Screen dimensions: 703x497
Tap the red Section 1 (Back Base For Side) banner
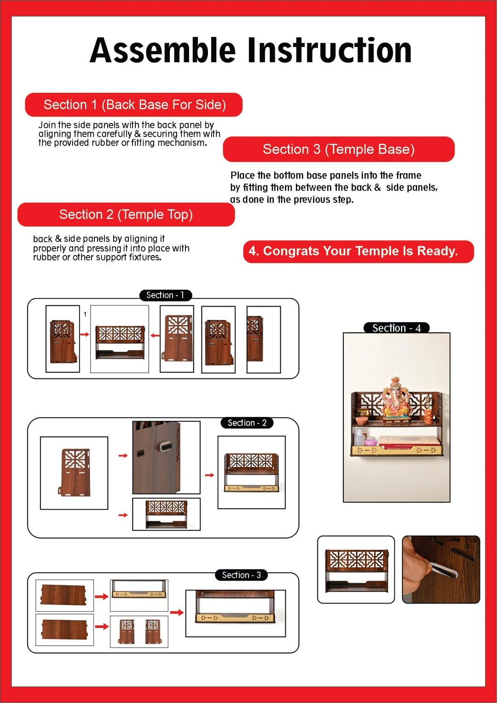(134, 105)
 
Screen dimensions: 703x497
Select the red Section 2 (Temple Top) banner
(126, 215)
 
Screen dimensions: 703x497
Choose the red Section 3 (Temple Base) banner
(339, 149)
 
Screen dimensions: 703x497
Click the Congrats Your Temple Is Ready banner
(358, 251)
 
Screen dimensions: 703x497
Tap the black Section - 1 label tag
(165, 295)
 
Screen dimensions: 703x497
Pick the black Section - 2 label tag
(247, 423)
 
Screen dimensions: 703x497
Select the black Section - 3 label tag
(241, 575)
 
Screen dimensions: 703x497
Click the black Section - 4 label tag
(396, 328)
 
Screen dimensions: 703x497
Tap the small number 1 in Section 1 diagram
(85, 314)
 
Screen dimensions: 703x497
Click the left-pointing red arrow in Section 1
(155, 336)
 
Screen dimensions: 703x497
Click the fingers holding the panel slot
(416, 566)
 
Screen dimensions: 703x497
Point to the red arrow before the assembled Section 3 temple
(177, 612)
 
